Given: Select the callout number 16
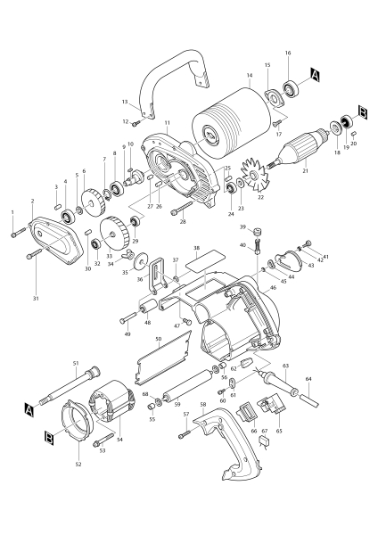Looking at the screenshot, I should pyautogui.click(x=288, y=53).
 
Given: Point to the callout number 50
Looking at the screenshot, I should pyautogui.click(x=158, y=339).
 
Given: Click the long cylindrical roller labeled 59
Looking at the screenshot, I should pyautogui.click(x=183, y=389).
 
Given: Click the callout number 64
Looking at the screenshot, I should pyautogui.click(x=309, y=379).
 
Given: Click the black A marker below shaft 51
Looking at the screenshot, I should pyautogui.click(x=29, y=410).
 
